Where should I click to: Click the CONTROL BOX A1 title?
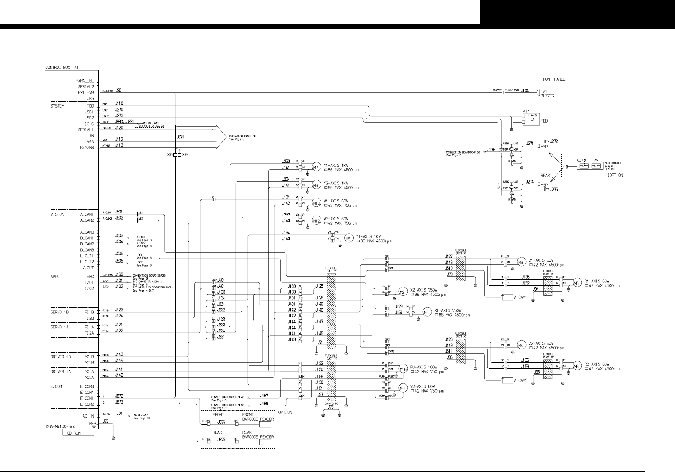61,68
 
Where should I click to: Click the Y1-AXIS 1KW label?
336,165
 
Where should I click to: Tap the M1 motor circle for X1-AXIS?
425,312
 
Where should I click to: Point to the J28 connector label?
118,90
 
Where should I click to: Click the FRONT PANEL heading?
552,79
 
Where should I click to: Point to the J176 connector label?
491,150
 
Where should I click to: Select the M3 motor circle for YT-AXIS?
348,238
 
